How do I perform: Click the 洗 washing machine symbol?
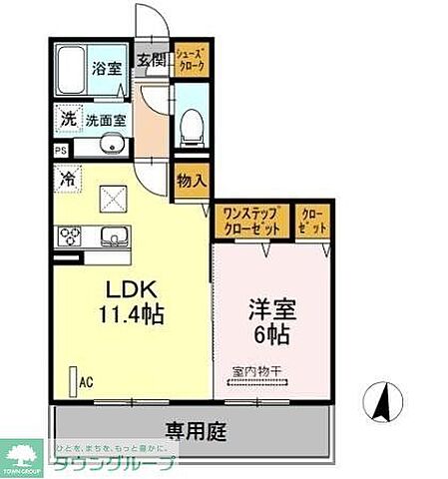[x=68, y=117]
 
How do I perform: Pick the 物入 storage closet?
[x=191, y=182]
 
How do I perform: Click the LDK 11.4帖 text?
[x=131, y=300]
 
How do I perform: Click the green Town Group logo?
[x=26, y=457]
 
